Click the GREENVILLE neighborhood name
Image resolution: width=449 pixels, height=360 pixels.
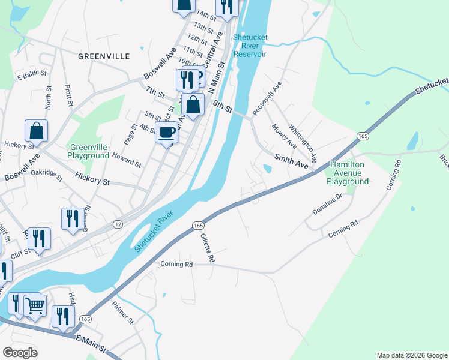coord(104,56)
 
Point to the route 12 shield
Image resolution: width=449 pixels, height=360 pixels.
coord(118,224)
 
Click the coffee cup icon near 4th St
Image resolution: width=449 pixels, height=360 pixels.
coord(167,132)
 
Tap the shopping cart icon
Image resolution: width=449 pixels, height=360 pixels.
coord(35,305)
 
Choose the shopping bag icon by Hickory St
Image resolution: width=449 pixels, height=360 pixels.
coord(36,130)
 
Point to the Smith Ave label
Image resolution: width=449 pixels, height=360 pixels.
coord(295,160)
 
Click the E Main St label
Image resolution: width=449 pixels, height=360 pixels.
coord(91,344)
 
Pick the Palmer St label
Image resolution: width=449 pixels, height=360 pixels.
coord(123,313)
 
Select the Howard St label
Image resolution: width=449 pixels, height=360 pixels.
coord(127,159)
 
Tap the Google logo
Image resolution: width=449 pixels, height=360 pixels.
coord(21,353)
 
